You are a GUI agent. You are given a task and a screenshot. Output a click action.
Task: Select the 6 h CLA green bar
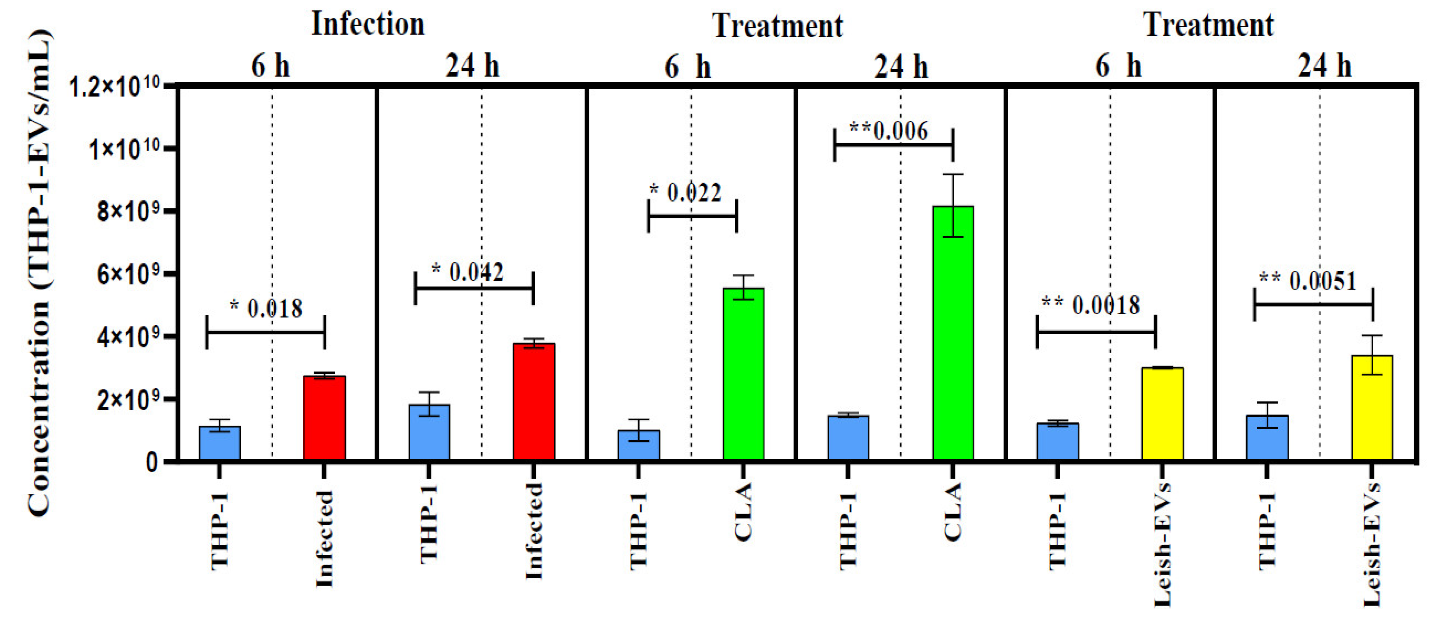pos(743,375)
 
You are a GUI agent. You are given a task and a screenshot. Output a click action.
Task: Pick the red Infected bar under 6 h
pos(324,418)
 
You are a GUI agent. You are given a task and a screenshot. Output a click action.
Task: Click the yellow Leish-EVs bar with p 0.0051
pos(1372,408)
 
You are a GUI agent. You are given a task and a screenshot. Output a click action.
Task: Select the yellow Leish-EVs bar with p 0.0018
pos(1162,414)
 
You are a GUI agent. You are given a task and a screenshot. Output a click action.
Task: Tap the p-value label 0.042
pos(476,273)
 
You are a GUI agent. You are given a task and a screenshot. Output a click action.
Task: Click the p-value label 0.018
pos(274,308)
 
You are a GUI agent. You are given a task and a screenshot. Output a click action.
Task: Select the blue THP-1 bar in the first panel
pos(220,443)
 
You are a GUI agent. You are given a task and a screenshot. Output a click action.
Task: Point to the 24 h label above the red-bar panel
pos(472,67)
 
